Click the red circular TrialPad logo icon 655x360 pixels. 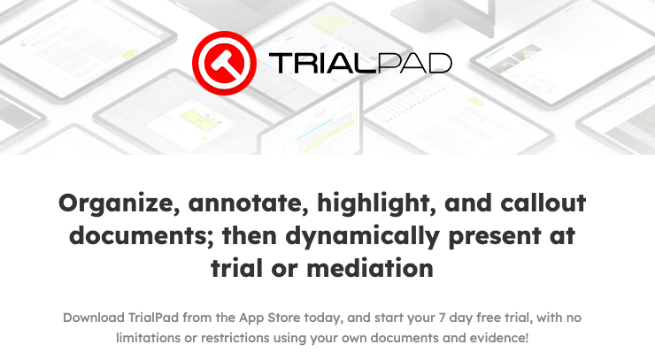pos(224,63)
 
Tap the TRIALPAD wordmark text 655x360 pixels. pos(360,63)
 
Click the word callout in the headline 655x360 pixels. pos(543,203)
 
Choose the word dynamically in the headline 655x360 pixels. pos(362,236)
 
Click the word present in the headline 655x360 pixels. pos(494,236)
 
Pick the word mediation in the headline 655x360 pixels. pos(370,268)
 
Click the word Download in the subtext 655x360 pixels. pos(94,318)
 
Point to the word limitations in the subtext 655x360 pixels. pos(149,338)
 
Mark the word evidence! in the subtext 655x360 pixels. pos(499,338)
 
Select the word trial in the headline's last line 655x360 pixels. pos(237,268)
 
